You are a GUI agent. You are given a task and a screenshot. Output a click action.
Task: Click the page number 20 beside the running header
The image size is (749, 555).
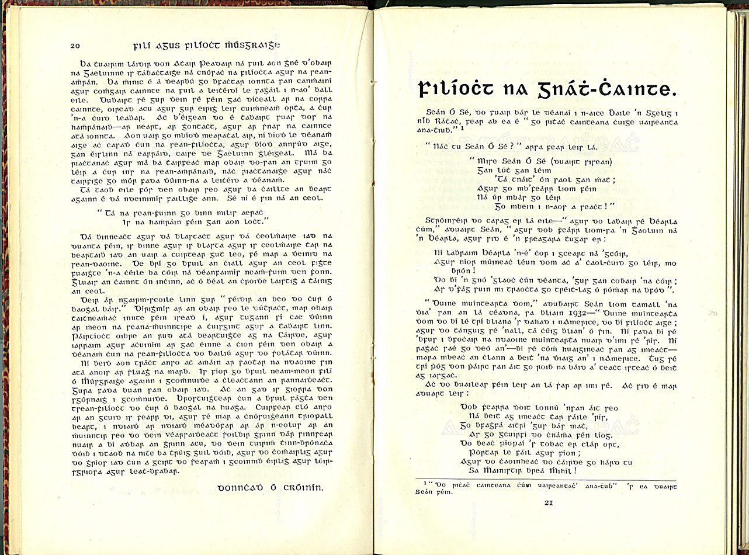click(75, 46)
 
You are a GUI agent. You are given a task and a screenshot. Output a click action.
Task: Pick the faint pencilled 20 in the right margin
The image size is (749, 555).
click(712, 313)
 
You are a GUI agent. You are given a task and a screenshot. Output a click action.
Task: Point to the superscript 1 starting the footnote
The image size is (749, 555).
click(425, 483)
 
